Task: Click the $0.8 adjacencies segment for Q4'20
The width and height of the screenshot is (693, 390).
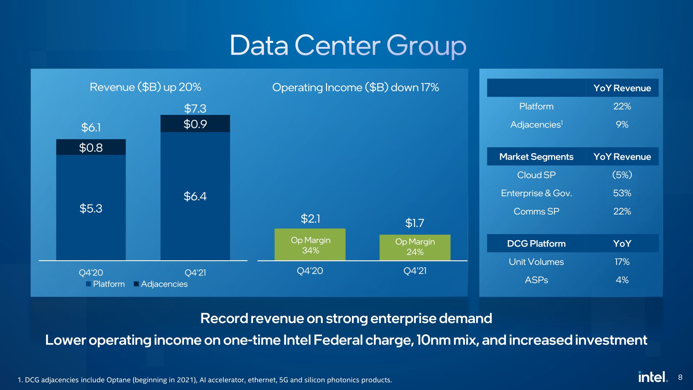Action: (x=91, y=147)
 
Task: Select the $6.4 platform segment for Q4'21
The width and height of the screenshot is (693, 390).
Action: (x=195, y=196)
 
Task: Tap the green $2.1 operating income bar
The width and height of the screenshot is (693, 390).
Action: (x=310, y=244)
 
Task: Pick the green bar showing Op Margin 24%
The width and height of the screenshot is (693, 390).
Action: (x=415, y=247)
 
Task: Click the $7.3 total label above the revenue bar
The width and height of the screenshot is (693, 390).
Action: (x=195, y=108)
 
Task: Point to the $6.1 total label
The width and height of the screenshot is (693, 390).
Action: (x=91, y=127)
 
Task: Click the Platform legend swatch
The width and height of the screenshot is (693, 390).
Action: (x=88, y=284)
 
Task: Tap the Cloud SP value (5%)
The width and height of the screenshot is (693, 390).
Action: (x=622, y=175)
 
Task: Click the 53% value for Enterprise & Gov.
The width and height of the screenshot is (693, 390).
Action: (x=622, y=193)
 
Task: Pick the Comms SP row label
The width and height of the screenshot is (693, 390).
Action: (x=536, y=211)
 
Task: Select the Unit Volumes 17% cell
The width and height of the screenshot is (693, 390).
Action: (x=622, y=262)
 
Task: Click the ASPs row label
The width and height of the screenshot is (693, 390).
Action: (x=536, y=280)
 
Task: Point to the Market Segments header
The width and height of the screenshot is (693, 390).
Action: (x=536, y=157)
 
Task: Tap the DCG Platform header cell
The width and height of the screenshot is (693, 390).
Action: (x=536, y=243)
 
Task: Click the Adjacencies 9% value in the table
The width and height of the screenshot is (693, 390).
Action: (x=622, y=125)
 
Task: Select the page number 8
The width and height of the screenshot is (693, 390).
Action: (x=680, y=377)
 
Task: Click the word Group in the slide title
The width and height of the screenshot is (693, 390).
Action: (x=426, y=46)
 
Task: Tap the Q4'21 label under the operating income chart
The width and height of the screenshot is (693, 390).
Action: (x=415, y=271)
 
